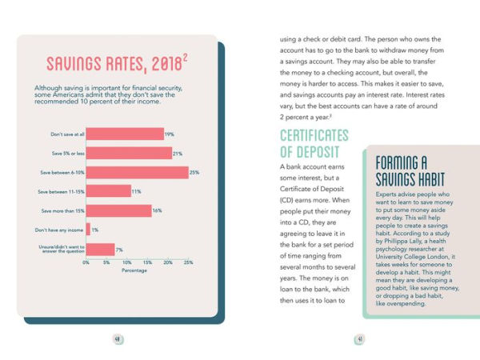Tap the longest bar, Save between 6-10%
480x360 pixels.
tap(137, 172)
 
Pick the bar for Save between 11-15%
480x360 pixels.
tap(108, 191)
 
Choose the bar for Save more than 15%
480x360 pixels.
tap(118, 210)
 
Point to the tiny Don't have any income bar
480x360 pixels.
tap(88, 230)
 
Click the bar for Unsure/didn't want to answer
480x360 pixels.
tap(100, 250)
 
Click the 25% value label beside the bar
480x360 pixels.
tap(194, 172)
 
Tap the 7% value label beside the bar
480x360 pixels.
tap(119, 250)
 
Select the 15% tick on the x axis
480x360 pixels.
tap(148, 262)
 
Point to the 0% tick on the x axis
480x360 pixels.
tap(86, 262)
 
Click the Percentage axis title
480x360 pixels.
tap(134, 270)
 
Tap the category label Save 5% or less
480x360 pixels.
tap(67, 153)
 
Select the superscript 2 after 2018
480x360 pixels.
tap(185, 57)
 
